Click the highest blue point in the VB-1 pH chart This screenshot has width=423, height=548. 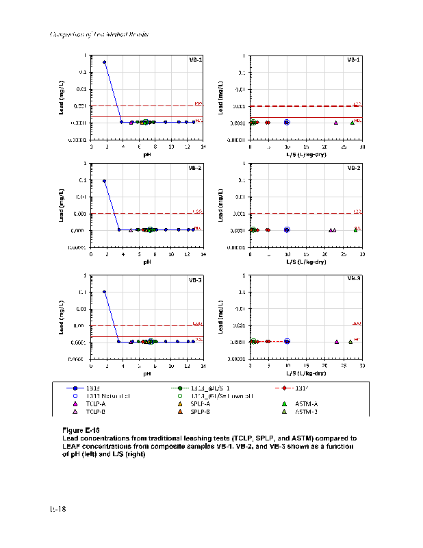(104, 62)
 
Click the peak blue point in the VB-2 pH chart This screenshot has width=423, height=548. (104, 182)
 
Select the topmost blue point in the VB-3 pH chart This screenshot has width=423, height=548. (104, 292)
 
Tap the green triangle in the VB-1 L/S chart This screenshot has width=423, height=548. (352, 123)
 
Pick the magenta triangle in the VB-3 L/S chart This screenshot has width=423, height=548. (337, 342)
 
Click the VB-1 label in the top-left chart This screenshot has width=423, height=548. (195, 60)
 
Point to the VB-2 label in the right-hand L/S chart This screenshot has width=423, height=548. (354, 168)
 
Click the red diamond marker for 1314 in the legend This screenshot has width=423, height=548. (284, 388)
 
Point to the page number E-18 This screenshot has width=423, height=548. (57, 508)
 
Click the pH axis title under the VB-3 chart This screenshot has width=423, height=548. (147, 374)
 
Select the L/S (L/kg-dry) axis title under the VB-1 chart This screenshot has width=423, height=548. (306, 155)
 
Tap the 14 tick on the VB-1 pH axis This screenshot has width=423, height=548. (203, 147)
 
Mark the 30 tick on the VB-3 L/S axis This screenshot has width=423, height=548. (362, 366)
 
